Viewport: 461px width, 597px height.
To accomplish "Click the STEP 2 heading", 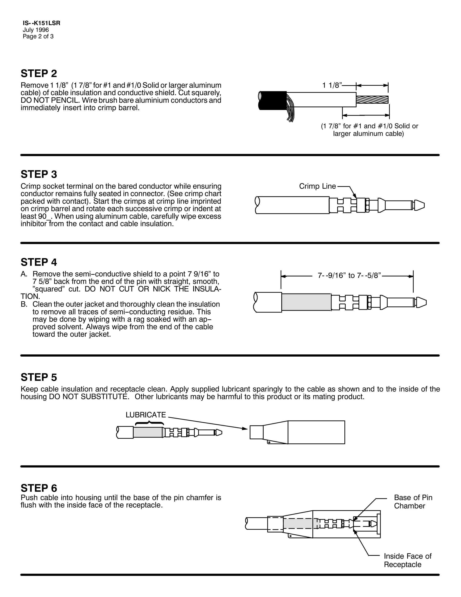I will pos(39,73).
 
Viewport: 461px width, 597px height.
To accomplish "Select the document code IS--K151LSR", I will pos(41,23).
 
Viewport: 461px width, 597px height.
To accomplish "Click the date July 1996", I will pos(36,30).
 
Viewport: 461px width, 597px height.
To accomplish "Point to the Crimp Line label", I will pos(317,186).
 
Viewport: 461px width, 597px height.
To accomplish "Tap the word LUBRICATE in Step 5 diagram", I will pos(146,415).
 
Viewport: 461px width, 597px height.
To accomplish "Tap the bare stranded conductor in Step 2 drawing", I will pos(372,100).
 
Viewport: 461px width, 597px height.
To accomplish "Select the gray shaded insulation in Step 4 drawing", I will pos(306,302).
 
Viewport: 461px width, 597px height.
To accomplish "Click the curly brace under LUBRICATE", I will pos(149,423).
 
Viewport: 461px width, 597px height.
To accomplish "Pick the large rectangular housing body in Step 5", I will pos(316,432).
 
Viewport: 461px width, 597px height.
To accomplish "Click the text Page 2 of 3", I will pos(38,36).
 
